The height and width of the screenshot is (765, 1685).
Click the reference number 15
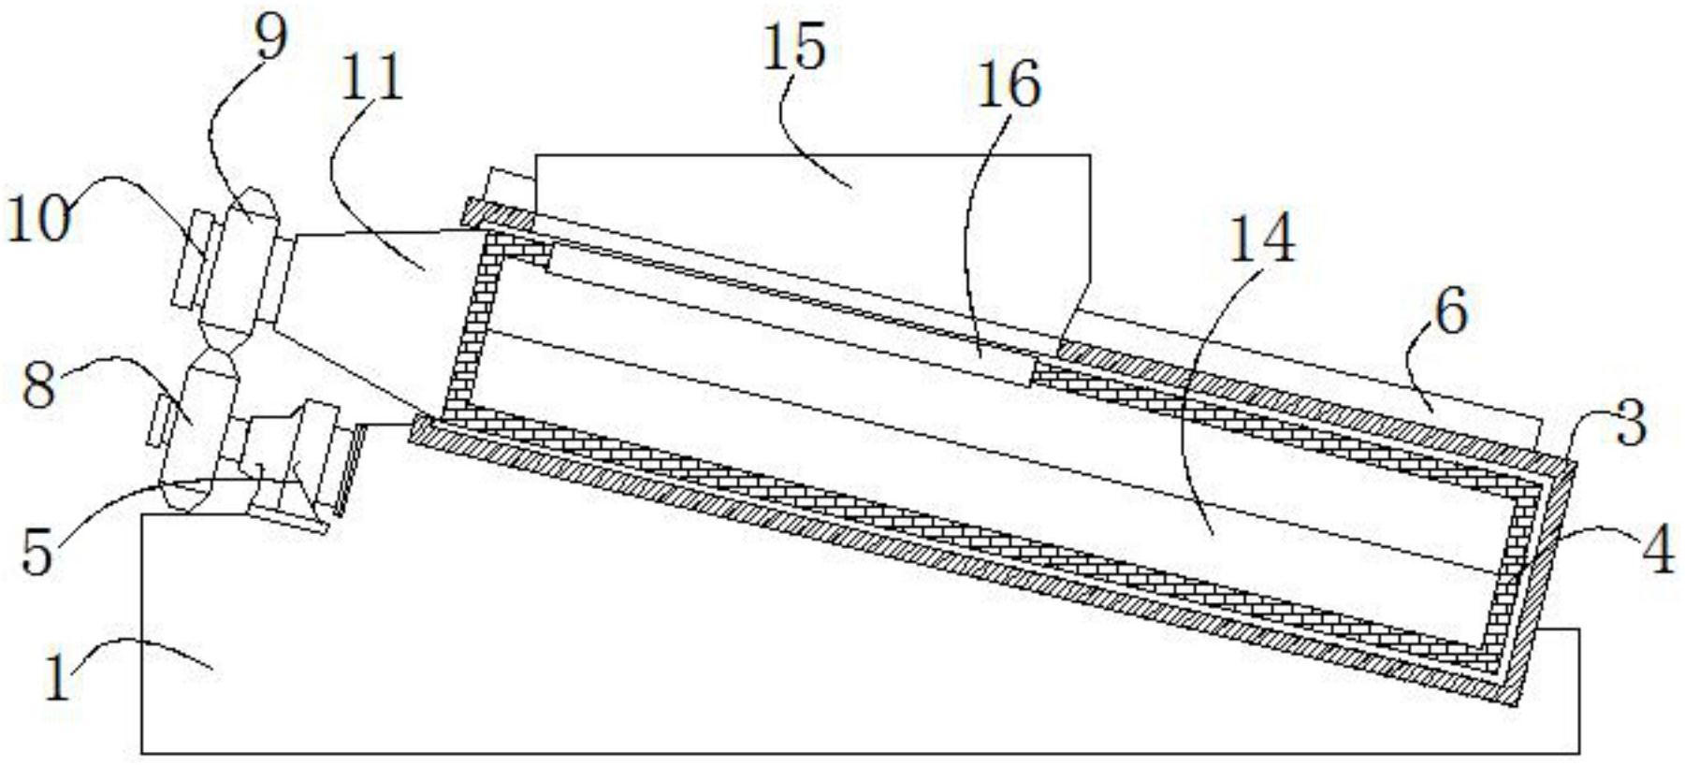pyautogui.click(x=794, y=49)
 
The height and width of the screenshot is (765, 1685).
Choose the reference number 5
pyautogui.click(x=38, y=552)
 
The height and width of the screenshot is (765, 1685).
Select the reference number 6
pyautogui.click(x=1450, y=312)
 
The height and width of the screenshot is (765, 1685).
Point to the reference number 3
pyautogui.click(x=1629, y=425)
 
